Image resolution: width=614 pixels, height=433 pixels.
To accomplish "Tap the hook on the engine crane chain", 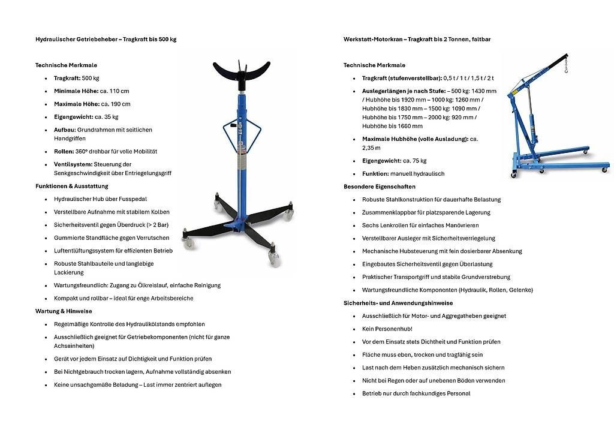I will click(x=565, y=70).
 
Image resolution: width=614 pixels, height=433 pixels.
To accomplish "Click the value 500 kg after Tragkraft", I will click(x=91, y=78).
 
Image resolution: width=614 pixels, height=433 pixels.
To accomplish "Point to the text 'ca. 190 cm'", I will click(x=116, y=104).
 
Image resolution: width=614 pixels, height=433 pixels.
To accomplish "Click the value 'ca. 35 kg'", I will click(x=107, y=117).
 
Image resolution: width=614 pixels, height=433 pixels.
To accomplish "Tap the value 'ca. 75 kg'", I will click(x=414, y=161).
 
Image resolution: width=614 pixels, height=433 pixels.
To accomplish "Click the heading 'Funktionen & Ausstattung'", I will click(x=71, y=187).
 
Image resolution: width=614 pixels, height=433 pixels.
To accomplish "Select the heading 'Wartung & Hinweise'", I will click(x=64, y=311).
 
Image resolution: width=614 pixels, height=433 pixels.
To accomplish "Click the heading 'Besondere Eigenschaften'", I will click(x=379, y=187).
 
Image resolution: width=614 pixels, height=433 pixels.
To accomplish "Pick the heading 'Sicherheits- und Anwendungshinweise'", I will click(x=398, y=303).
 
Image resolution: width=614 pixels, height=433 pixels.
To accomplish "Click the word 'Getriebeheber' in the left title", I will click(x=96, y=39).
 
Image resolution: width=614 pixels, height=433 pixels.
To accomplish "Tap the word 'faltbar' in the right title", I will click(x=481, y=39).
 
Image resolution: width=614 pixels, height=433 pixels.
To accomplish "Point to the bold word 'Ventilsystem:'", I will click(x=73, y=164).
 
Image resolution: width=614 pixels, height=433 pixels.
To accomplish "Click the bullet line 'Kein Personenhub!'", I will click(x=387, y=329).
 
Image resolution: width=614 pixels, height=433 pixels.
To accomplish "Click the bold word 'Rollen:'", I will click(x=64, y=152).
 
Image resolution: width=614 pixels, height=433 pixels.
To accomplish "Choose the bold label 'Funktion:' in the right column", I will click(x=376, y=174).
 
